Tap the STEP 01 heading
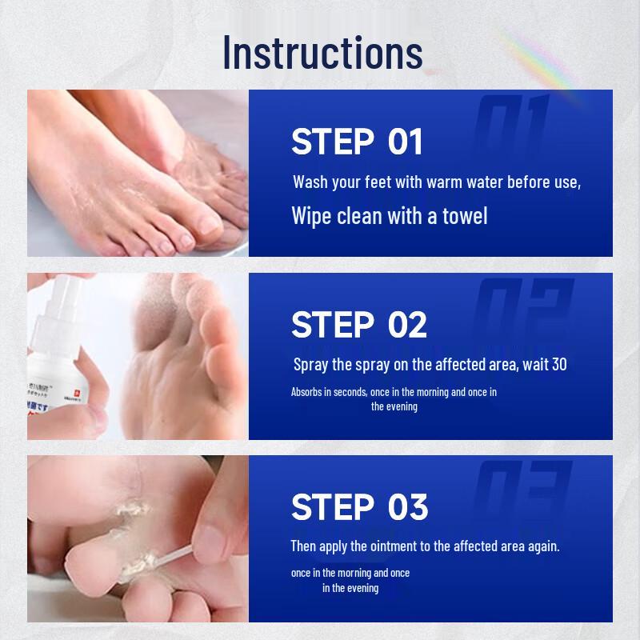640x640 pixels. (357, 142)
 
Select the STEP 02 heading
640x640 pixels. (358, 325)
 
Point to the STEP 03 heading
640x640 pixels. (359, 507)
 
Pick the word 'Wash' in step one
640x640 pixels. (310, 182)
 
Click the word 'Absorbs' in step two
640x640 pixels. (307, 392)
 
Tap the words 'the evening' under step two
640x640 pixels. (394, 406)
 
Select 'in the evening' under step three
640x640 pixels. (350, 588)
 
